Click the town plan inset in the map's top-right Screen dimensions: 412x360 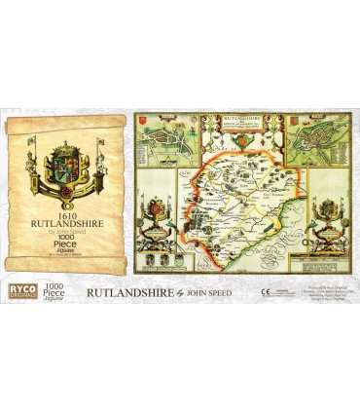319,147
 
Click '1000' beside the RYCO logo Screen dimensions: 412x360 59,283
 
